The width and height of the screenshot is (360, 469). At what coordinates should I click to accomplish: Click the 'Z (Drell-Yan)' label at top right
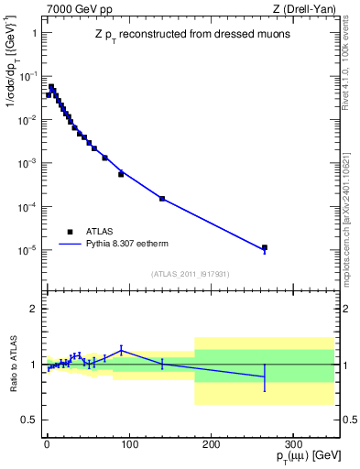[x=311, y=9]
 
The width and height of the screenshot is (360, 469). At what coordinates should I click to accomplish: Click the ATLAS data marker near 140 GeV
[x=162, y=199]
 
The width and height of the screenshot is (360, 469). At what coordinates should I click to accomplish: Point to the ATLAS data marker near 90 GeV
[x=121, y=173]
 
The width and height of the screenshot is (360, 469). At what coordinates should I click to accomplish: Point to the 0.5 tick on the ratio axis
[x=29, y=420]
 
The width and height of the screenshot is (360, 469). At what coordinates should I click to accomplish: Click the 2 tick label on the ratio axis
[x=35, y=309]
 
